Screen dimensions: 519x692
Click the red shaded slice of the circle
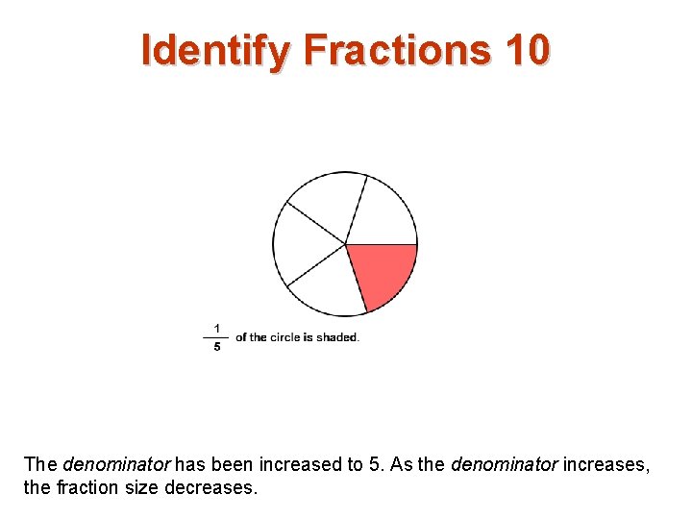(x=381, y=272)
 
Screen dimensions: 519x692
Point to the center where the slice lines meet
(x=345, y=244)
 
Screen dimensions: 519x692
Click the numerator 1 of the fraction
(x=216, y=328)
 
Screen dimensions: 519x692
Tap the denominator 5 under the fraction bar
(x=216, y=347)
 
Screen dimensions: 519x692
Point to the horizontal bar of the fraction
(x=216, y=337)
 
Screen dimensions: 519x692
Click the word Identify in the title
(x=213, y=50)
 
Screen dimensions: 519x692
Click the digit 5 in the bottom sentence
(x=375, y=464)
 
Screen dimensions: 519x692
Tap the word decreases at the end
(x=211, y=487)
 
